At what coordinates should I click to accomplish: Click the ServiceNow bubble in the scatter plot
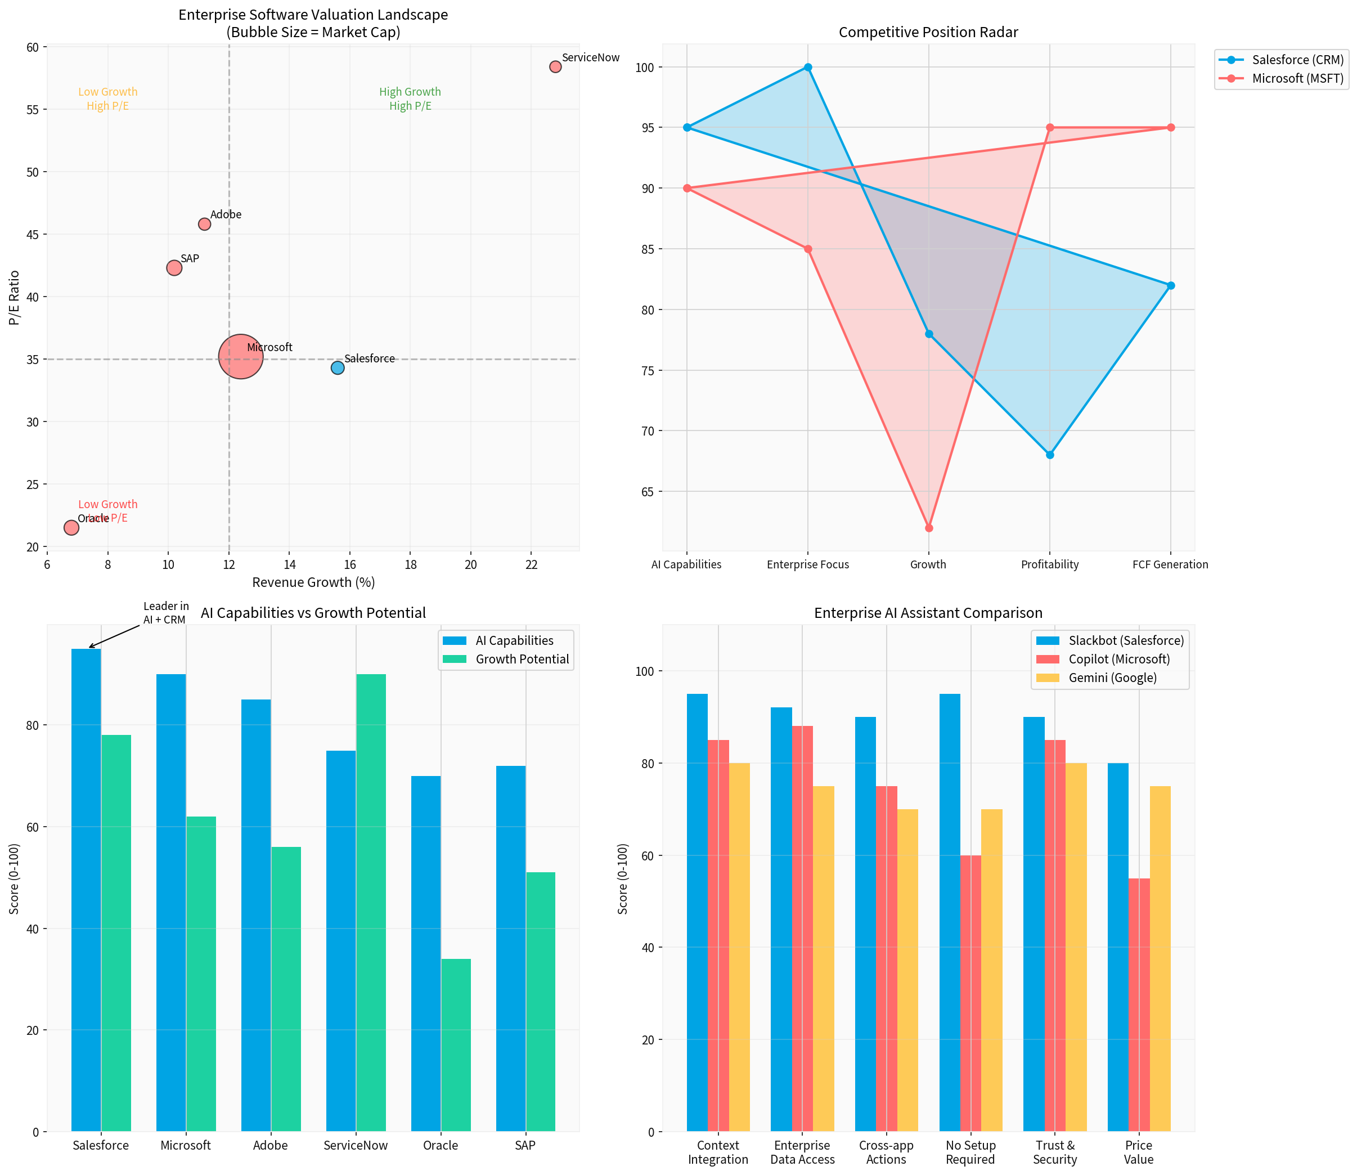(x=555, y=66)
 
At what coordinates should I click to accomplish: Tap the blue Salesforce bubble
(x=337, y=368)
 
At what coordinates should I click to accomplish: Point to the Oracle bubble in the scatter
(x=71, y=527)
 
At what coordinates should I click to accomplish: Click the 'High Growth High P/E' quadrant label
(x=410, y=99)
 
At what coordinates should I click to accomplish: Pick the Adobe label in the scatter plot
(x=226, y=214)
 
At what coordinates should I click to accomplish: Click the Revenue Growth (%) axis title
(x=313, y=582)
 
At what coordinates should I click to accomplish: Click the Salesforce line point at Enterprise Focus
(x=808, y=67)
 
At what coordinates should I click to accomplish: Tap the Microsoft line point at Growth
(x=928, y=528)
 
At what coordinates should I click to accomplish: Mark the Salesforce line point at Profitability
(x=1050, y=454)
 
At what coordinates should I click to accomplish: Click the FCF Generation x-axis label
(x=1170, y=564)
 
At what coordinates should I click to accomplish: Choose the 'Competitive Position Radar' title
(x=928, y=32)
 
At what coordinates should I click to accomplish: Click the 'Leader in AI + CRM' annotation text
(x=165, y=612)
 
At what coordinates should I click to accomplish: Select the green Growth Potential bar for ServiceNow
(x=371, y=902)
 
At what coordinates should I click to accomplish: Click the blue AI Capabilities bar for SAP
(x=510, y=948)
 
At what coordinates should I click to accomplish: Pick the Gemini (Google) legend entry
(x=1112, y=678)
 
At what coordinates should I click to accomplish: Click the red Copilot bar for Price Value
(x=1139, y=1004)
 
